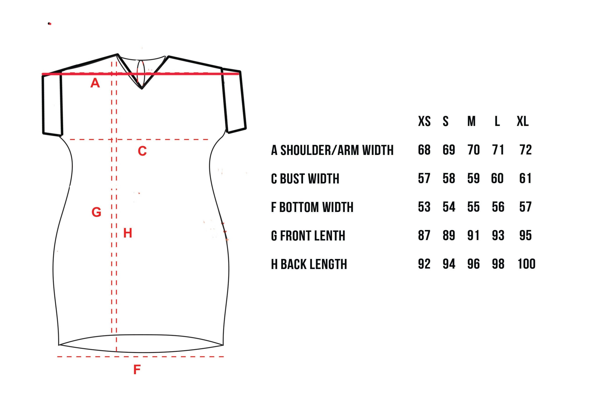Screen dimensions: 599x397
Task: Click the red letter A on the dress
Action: (95, 83)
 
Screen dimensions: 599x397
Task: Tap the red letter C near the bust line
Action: (142, 151)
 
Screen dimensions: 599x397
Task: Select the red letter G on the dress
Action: (96, 212)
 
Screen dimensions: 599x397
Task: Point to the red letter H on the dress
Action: (128, 233)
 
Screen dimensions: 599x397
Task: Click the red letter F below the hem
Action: (137, 370)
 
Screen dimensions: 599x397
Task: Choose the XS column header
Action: (424, 121)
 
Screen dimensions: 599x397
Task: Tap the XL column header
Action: (522, 121)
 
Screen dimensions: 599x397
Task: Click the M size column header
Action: (471, 121)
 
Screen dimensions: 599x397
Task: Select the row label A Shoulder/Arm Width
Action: (332, 150)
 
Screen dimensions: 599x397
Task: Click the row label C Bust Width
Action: (305, 178)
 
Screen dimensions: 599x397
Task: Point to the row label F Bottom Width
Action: (312, 207)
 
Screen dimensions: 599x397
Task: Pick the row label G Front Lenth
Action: (308, 236)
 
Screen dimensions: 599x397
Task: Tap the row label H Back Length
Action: (309, 264)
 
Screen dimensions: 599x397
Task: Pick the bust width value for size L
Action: (497, 178)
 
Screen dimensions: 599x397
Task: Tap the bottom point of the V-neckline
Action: (142, 89)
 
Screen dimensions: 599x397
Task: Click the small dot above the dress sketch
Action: (49, 24)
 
